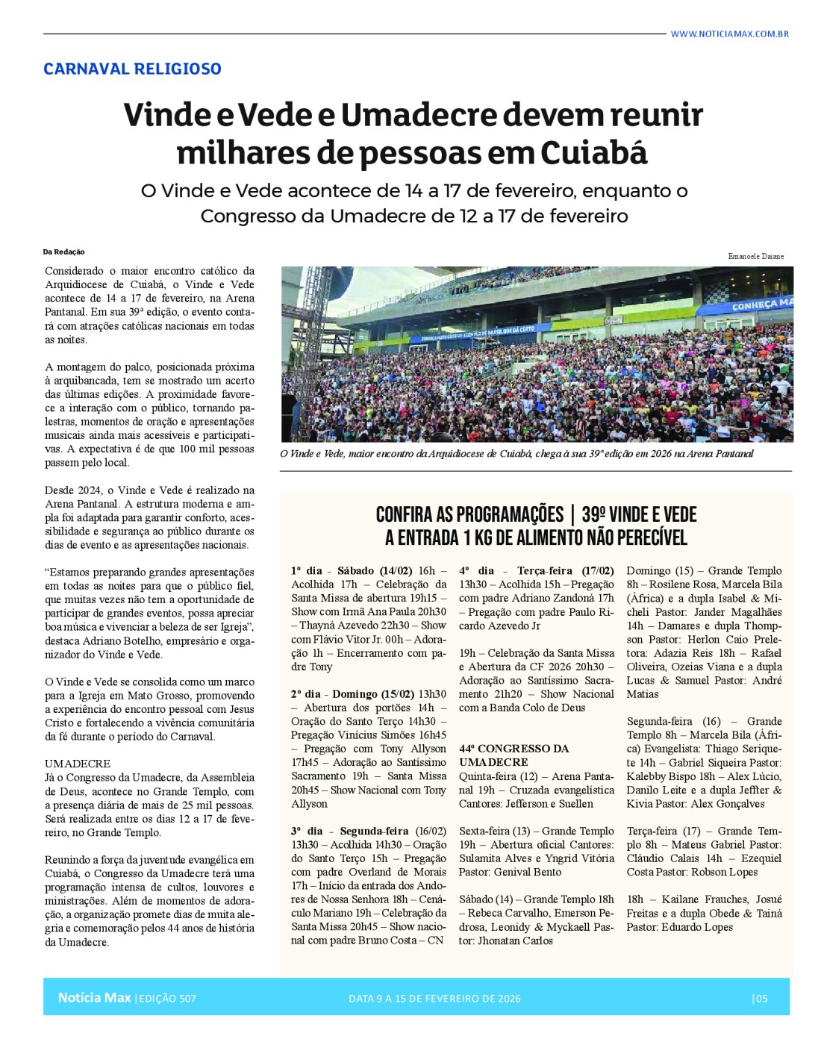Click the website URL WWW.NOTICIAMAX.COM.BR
(x=729, y=34)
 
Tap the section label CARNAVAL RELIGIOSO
(x=132, y=69)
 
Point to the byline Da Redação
(x=63, y=252)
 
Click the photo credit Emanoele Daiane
(x=755, y=256)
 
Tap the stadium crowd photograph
(x=537, y=355)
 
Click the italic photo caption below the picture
(x=516, y=454)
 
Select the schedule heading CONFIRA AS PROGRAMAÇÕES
(x=469, y=514)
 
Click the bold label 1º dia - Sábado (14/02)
(x=352, y=571)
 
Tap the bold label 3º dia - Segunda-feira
(x=350, y=831)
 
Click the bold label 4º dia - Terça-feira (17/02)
(x=536, y=571)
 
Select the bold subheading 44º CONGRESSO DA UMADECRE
(x=513, y=755)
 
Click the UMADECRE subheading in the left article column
(x=77, y=764)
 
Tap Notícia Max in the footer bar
(x=94, y=997)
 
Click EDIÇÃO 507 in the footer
(x=166, y=998)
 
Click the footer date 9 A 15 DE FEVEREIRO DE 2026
(x=434, y=998)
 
